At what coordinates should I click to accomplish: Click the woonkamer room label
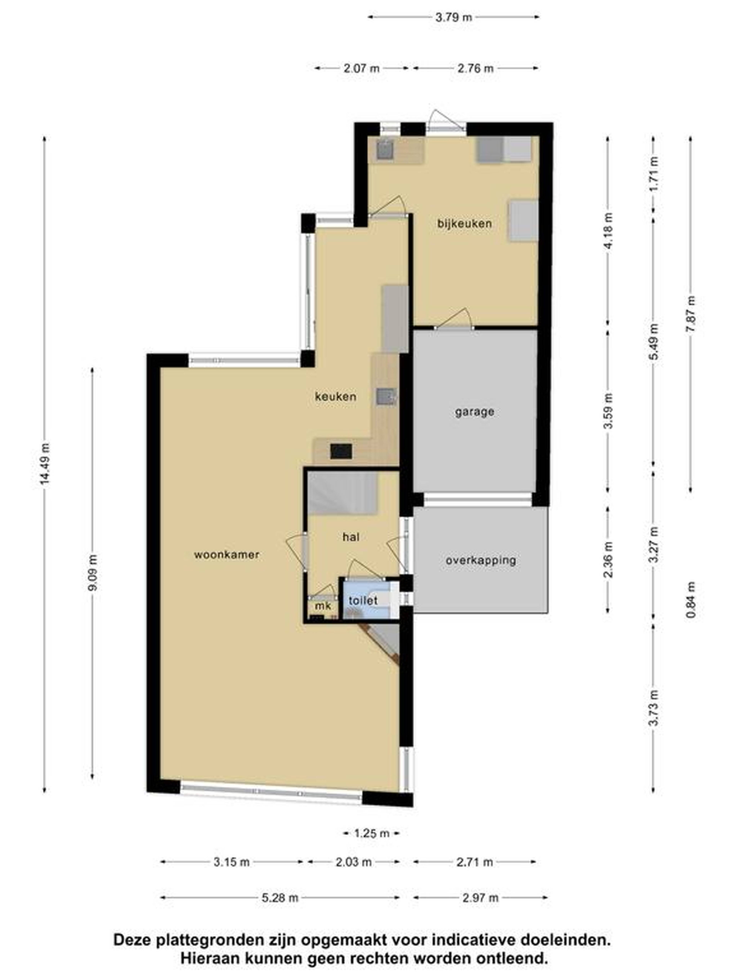pyautogui.click(x=226, y=554)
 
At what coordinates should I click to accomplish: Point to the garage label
pyautogui.click(x=474, y=412)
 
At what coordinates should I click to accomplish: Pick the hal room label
pyautogui.click(x=350, y=537)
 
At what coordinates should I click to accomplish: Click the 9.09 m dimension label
pyautogui.click(x=93, y=573)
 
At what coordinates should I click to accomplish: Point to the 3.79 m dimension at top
pyautogui.click(x=454, y=17)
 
